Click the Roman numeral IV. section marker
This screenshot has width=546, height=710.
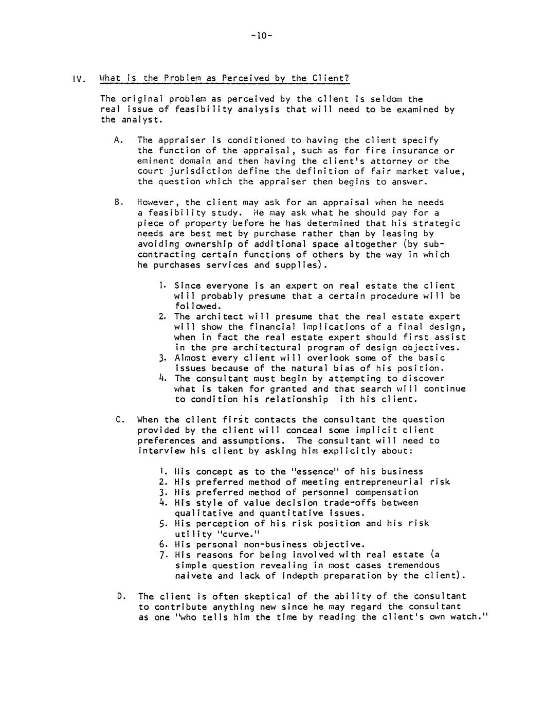78,79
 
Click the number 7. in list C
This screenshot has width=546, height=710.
163,555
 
